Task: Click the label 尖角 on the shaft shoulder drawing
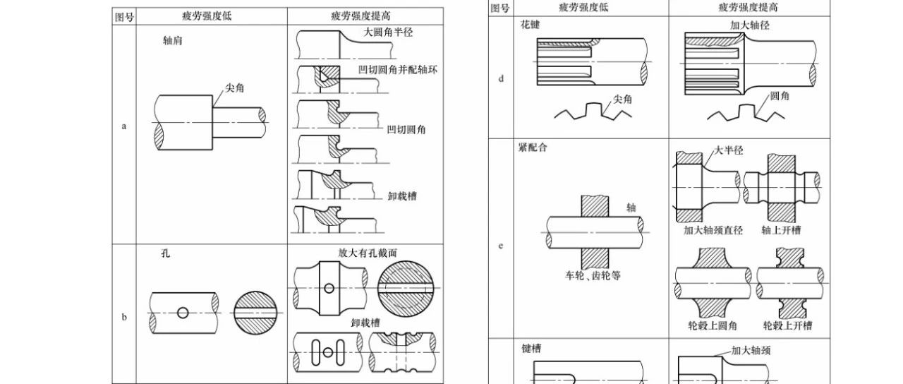[x=234, y=88]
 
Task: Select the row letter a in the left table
[x=124, y=127]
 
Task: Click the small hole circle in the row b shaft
[x=183, y=312]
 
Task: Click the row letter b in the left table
[x=124, y=317]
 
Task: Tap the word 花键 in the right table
[x=528, y=23]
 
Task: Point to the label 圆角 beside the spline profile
[x=780, y=95]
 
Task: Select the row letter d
[x=501, y=78]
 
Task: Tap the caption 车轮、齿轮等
[x=593, y=275]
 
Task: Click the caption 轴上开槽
[x=781, y=230]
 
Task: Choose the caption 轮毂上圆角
[x=712, y=326]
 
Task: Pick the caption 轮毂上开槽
[x=787, y=326]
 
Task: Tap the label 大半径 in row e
[x=728, y=150]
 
